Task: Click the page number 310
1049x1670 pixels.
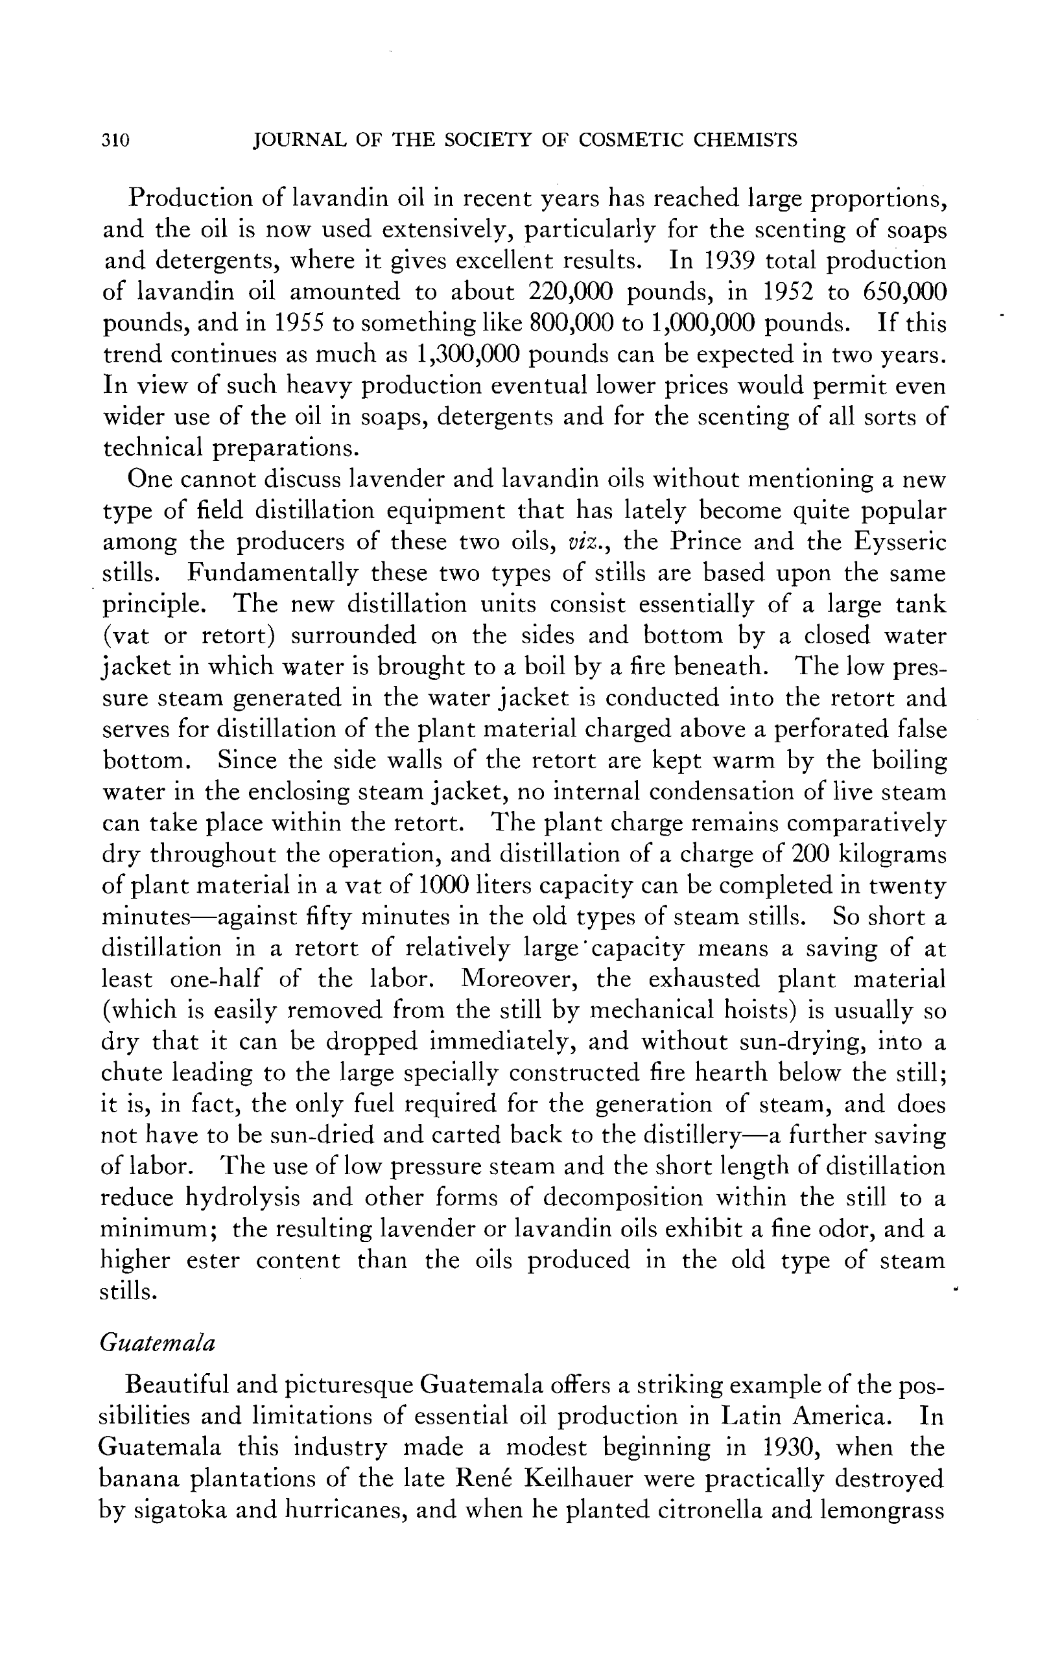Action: pos(115,141)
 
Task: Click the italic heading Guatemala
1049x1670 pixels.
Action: pos(158,1344)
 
